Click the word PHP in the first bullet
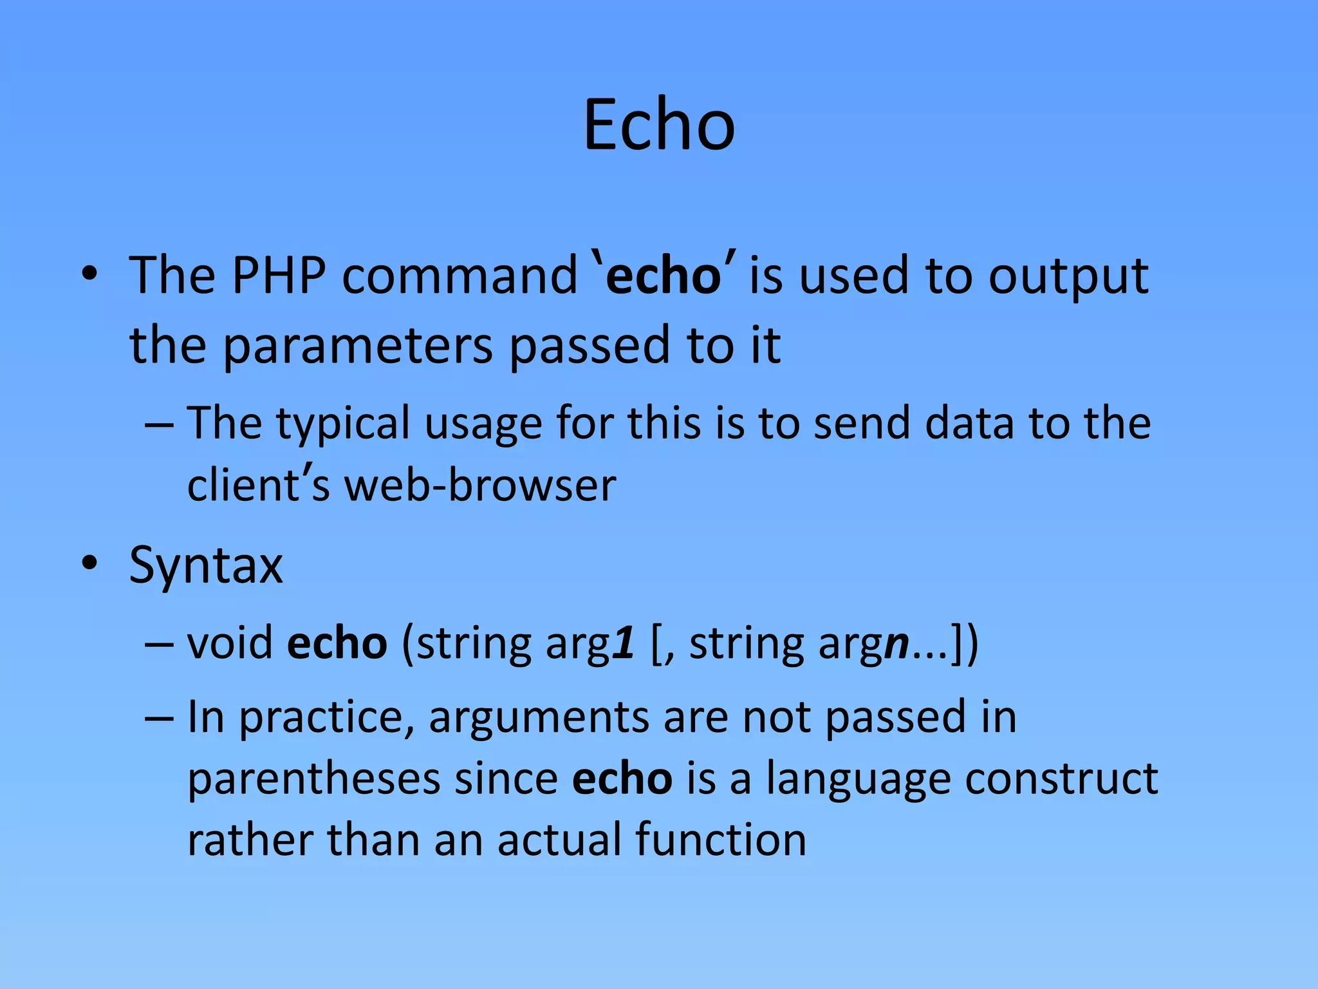pos(279,276)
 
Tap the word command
pos(459,276)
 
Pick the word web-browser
pos(480,485)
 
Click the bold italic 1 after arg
pos(624,644)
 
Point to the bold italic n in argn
pos(896,644)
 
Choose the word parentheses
pos(314,779)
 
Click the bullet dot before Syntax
pos(89,563)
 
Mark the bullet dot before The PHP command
pos(89,274)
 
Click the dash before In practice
pos(159,718)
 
